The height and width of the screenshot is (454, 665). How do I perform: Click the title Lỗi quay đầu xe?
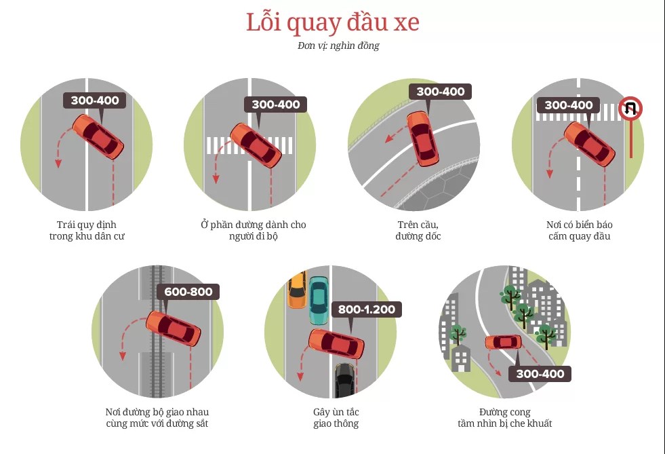(x=332, y=22)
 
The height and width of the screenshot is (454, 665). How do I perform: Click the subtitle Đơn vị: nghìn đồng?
(x=332, y=46)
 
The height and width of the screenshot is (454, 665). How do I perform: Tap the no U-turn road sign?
(x=630, y=108)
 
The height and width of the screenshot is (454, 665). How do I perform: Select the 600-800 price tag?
(x=188, y=292)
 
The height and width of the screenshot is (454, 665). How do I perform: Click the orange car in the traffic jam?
(x=296, y=290)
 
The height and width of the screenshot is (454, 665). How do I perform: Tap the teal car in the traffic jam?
(x=319, y=299)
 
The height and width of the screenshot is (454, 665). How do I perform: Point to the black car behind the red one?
(x=344, y=381)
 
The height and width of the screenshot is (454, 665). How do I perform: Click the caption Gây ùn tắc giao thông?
(x=336, y=417)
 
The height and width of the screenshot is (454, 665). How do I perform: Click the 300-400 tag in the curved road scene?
(x=540, y=374)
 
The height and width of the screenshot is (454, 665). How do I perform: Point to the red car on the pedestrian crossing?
(x=256, y=144)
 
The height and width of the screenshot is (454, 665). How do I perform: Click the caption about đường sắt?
(x=157, y=417)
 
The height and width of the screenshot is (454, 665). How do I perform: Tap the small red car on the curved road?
(x=503, y=342)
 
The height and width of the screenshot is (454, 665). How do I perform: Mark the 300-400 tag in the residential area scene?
(x=95, y=100)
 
